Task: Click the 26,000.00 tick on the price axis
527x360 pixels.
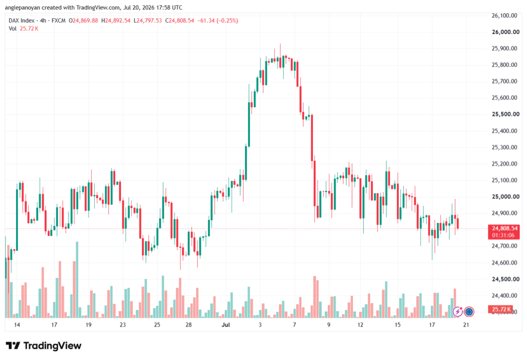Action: tap(505, 32)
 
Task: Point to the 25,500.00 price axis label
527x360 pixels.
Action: tap(505, 114)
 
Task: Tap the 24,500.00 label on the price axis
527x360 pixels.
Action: tap(505, 279)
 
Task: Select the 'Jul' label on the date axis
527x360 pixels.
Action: tap(226, 324)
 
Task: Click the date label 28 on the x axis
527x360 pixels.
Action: tap(188, 324)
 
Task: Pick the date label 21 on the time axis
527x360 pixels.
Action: tap(466, 324)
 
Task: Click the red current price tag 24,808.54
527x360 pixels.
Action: tap(505, 229)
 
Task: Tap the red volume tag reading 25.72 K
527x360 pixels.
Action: tap(501, 309)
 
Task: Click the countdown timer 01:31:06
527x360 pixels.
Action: tap(503, 235)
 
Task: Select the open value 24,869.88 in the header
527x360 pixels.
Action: tap(85, 21)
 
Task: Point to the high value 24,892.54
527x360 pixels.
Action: tap(118, 21)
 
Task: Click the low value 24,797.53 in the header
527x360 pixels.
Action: tap(149, 21)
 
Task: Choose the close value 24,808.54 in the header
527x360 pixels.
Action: tap(182, 21)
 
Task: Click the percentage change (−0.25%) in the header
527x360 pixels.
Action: tap(227, 21)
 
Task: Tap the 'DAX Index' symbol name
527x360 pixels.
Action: tap(22, 21)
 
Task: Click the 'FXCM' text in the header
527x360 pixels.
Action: tap(59, 21)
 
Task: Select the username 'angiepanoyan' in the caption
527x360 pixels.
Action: tap(23, 7)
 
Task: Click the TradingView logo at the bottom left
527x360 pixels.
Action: tap(44, 346)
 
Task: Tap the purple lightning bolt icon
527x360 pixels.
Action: tap(458, 312)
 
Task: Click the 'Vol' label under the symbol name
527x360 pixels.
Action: tap(12, 29)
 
